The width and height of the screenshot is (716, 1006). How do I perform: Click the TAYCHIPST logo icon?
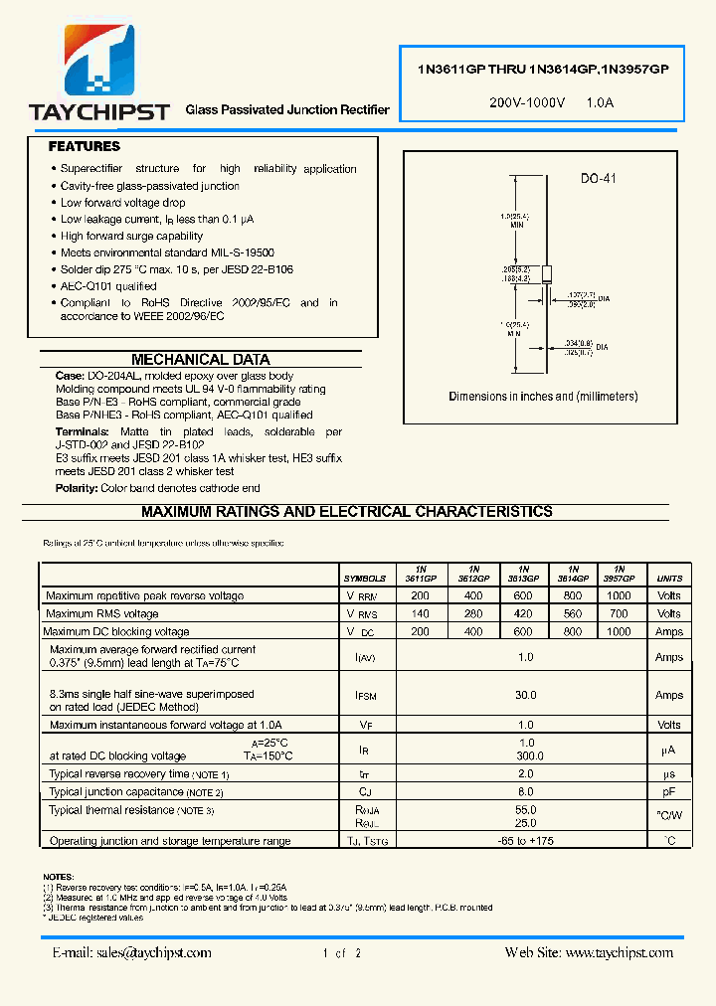99,62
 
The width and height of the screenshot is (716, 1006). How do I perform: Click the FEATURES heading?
85,146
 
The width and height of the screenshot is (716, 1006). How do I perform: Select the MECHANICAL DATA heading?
200,359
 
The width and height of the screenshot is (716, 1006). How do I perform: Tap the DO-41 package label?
598,179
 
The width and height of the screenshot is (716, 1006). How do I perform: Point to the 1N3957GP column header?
619,574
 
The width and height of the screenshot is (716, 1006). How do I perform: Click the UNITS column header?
669,578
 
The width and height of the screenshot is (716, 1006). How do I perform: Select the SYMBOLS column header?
365,578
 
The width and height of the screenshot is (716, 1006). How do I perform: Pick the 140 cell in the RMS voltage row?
420,614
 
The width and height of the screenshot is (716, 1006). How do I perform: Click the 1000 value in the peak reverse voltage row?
619,596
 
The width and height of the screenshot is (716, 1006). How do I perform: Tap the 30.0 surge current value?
525,696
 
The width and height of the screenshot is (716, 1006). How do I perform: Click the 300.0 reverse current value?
525,756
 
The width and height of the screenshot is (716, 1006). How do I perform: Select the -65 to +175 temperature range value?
525,841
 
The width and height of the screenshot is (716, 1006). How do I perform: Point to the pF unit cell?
669,792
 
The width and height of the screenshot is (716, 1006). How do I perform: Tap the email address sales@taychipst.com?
131,952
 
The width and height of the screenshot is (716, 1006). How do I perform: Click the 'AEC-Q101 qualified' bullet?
108,286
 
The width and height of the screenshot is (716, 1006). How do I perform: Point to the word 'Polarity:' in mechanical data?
77,488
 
